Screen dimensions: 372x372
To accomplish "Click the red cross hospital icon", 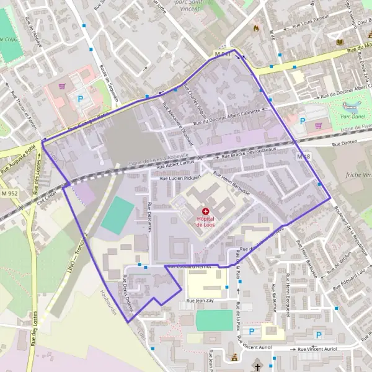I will tap(205, 211).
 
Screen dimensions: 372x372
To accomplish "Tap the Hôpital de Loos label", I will tap(205, 221).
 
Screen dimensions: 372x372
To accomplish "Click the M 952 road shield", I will tap(9, 194).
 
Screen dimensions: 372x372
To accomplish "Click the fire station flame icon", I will tap(255, 28).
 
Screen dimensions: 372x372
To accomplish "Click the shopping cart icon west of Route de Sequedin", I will tap(62, 86).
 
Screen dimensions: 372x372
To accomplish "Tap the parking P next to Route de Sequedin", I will tap(79, 98).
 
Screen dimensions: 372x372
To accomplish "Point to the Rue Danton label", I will tap(345, 144).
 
